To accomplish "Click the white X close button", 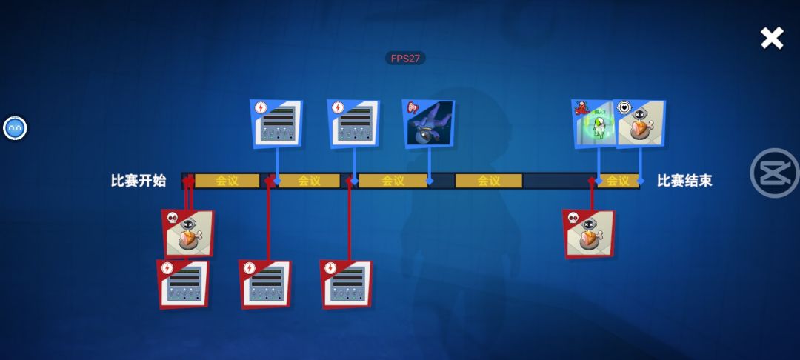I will pos(772,38).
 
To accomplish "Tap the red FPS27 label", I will pos(405,58).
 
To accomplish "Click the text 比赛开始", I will pos(139,181).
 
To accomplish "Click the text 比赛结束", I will pos(684,181).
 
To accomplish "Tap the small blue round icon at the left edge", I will pos(15,128).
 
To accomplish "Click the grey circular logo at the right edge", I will pos(775,173).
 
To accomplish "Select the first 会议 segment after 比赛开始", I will pos(227,181).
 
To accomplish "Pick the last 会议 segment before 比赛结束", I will pos(618,181).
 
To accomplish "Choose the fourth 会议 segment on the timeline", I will pos(488,181).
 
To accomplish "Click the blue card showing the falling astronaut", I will pos(428,123).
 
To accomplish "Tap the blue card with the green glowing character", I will pos(594,123).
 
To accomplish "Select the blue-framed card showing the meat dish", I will pos(641,124).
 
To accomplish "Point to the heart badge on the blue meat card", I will pos(624,107).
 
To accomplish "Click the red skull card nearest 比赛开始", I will pos(188,233).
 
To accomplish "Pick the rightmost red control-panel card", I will pos(346,284).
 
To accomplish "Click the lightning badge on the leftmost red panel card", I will pos(167,268).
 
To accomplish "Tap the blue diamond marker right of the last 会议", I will pos(640,181).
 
